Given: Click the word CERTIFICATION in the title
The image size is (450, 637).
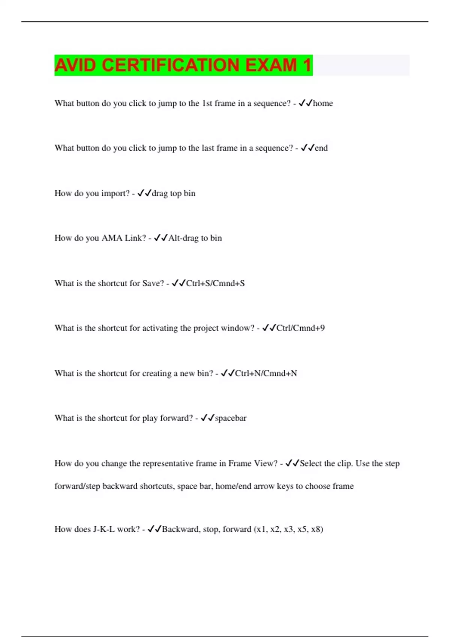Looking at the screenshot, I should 171,65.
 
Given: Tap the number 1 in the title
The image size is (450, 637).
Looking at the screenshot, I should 307,65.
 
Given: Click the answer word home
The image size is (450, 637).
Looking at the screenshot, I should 323,103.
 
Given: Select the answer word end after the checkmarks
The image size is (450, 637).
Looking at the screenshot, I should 321,148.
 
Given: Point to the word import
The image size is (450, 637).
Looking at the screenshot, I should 115,194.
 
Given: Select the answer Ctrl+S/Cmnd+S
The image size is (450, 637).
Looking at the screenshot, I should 216,283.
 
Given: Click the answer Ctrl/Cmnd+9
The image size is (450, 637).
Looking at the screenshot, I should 301,328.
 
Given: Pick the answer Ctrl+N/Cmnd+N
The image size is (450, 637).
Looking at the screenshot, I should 266,373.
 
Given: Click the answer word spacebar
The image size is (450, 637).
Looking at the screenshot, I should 231,418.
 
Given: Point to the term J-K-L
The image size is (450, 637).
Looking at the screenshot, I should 104,529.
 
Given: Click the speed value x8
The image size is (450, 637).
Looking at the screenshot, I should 316,529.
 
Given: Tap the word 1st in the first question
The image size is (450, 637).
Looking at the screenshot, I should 207,103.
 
